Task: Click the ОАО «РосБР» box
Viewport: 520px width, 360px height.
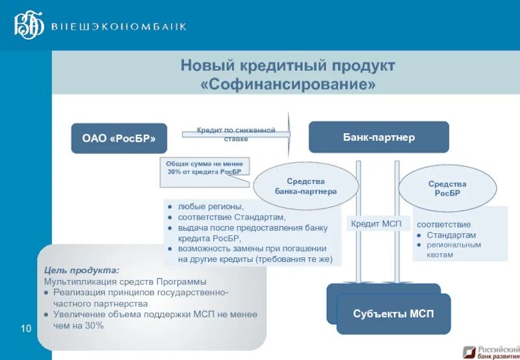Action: [x=119, y=138]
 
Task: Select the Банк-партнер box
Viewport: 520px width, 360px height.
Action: [x=378, y=138]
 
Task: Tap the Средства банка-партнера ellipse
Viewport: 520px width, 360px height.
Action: [x=305, y=186]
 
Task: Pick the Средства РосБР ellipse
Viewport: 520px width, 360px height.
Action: [x=447, y=188]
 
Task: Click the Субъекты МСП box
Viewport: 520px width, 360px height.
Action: [x=393, y=314]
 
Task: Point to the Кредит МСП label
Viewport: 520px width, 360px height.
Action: [x=376, y=224]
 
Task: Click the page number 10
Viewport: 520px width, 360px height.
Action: [x=27, y=329]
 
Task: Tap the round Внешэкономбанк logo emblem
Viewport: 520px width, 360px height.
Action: [x=30, y=25]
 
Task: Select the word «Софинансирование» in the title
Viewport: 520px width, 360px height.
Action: [x=288, y=85]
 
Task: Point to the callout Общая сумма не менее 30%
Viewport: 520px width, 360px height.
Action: [x=204, y=168]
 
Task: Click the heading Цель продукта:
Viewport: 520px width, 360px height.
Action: [x=81, y=270]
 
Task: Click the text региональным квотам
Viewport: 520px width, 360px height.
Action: [x=453, y=250]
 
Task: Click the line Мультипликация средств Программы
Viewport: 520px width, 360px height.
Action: [x=125, y=281]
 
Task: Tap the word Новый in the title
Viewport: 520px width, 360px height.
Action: [x=206, y=66]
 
